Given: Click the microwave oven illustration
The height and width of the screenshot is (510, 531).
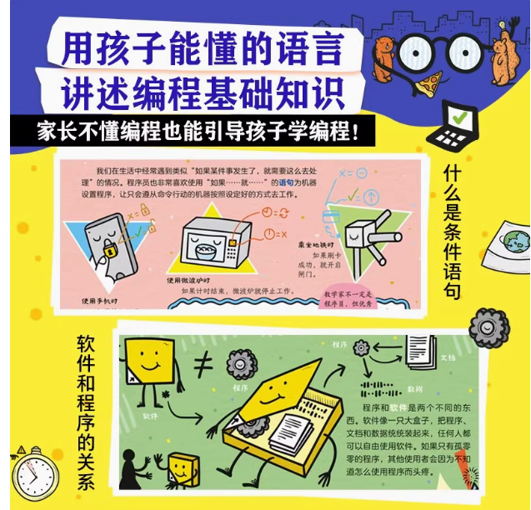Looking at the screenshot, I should [x=205, y=241].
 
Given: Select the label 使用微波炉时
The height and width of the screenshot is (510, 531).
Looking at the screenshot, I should [x=191, y=281].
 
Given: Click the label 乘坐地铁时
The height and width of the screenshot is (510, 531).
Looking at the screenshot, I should [x=318, y=245].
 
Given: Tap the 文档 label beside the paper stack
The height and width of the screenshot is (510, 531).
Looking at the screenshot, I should [x=448, y=356].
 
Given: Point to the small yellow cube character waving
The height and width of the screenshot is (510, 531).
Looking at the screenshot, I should [x=179, y=469].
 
